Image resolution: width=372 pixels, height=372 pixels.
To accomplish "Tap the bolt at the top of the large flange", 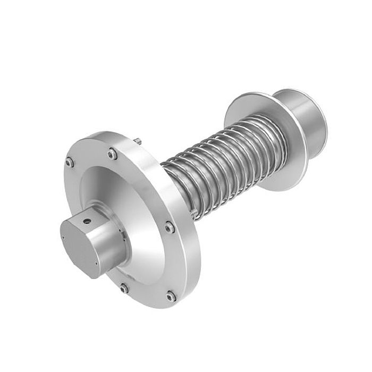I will tap(112, 154).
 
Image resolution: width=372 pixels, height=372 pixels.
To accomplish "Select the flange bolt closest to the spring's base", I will tap(168, 227).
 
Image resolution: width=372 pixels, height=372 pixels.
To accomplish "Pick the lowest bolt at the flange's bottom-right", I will tap(171, 296).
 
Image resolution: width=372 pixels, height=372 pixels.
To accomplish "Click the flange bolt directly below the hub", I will tap(124, 289).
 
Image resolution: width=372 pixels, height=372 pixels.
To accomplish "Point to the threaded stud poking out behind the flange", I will tap(138, 141).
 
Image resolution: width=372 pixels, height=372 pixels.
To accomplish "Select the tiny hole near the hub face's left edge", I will tap(63, 238).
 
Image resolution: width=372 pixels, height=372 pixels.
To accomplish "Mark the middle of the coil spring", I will tap(213, 159).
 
